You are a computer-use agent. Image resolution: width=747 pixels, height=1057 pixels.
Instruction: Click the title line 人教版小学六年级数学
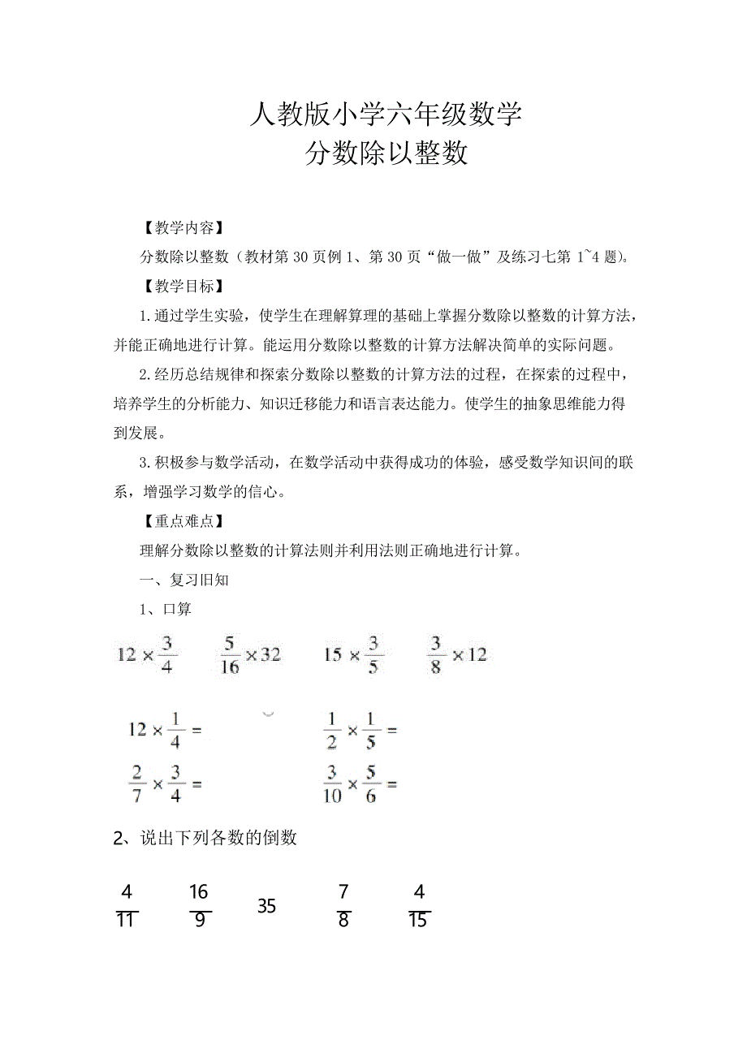click(385, 115)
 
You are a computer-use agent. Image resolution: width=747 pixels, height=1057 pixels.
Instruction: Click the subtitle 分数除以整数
click(386, 153)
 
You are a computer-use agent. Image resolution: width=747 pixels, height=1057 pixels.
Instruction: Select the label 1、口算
click(166, 609)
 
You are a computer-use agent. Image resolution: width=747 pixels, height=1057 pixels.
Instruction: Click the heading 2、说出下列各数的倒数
click(205, 838)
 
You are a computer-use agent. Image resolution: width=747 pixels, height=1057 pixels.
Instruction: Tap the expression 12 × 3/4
click(147, 654)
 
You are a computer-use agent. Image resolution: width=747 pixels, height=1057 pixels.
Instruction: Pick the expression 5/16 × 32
click(250, 654)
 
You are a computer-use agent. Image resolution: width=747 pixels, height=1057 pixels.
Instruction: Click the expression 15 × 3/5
click(353, 654)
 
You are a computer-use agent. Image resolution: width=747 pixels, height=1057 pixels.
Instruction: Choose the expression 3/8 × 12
click(457, 654)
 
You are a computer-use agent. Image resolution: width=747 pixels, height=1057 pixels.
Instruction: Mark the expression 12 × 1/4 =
click(164, 730)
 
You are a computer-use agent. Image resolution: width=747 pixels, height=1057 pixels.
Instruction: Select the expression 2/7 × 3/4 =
click(164, 784)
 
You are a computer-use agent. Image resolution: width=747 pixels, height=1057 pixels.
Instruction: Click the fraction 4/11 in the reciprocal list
click(127, 906)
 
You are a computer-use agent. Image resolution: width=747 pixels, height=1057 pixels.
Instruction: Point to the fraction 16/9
click(199, 906)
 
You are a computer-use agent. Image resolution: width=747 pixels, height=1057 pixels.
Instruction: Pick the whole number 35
click(267, 906)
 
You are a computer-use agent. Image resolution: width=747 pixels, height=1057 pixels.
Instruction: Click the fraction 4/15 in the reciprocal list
click(419, 906)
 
